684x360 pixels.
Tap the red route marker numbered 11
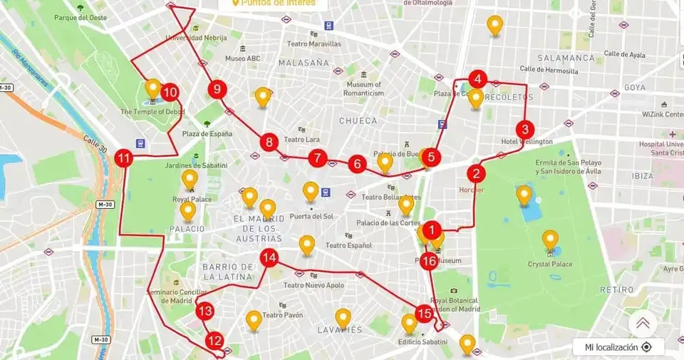tap(124, 158)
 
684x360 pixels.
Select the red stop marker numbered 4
tap(477, 79)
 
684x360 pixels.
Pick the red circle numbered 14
tap(269, 258)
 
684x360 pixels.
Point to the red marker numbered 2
tap(476, 173)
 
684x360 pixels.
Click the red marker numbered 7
tap(318, 158)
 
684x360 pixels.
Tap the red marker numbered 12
tap(214, 341)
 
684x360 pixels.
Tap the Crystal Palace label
tap(549, 264)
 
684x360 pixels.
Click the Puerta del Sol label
tap(311, 216)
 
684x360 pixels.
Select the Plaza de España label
tap(207, 134)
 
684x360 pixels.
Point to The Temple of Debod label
tap(152, 112)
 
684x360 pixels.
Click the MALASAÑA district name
tap(304, 63)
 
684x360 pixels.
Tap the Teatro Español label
tap(348, 246)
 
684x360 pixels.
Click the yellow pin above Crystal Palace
tap(550, 239)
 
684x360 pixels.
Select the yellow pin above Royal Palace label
tap(190, 178)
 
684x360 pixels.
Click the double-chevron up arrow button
tap(643, 323)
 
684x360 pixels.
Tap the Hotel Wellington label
tap(527, 142)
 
